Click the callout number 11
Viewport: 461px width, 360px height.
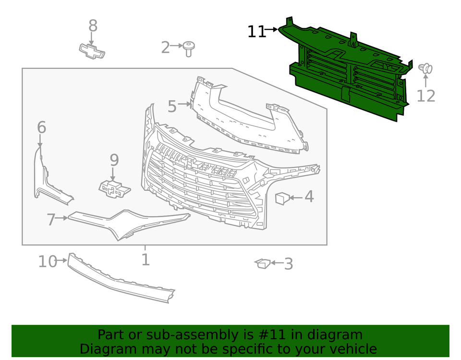(256, 32)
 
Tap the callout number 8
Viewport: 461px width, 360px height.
(93, 26)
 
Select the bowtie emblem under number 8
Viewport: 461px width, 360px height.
(92, 50)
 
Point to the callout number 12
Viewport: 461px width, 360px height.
(425, 96)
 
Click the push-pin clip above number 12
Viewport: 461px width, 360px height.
(425, 69)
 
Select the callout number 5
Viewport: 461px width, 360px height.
(172, 106)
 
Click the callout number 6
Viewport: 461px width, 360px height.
(42, 127)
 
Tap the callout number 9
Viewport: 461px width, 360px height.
(114, 160)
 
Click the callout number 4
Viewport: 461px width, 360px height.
(309, 196)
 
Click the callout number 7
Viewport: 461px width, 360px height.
(51, 219)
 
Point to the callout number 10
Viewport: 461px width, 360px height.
(47, 261)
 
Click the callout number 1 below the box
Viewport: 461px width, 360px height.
(145, 260)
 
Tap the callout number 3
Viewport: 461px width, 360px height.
(288, 263)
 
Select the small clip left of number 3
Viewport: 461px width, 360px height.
(263, 263)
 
